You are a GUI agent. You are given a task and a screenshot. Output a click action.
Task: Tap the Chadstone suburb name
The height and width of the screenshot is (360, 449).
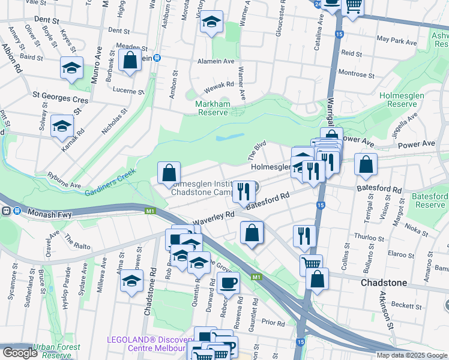pos(384,282)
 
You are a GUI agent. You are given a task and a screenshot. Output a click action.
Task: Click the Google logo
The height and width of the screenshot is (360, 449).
pos(20,353)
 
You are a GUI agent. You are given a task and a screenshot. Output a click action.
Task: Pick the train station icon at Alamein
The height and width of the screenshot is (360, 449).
pos(157,58)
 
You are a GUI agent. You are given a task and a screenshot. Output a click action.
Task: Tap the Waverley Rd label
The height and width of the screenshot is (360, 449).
pos(213,215)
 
